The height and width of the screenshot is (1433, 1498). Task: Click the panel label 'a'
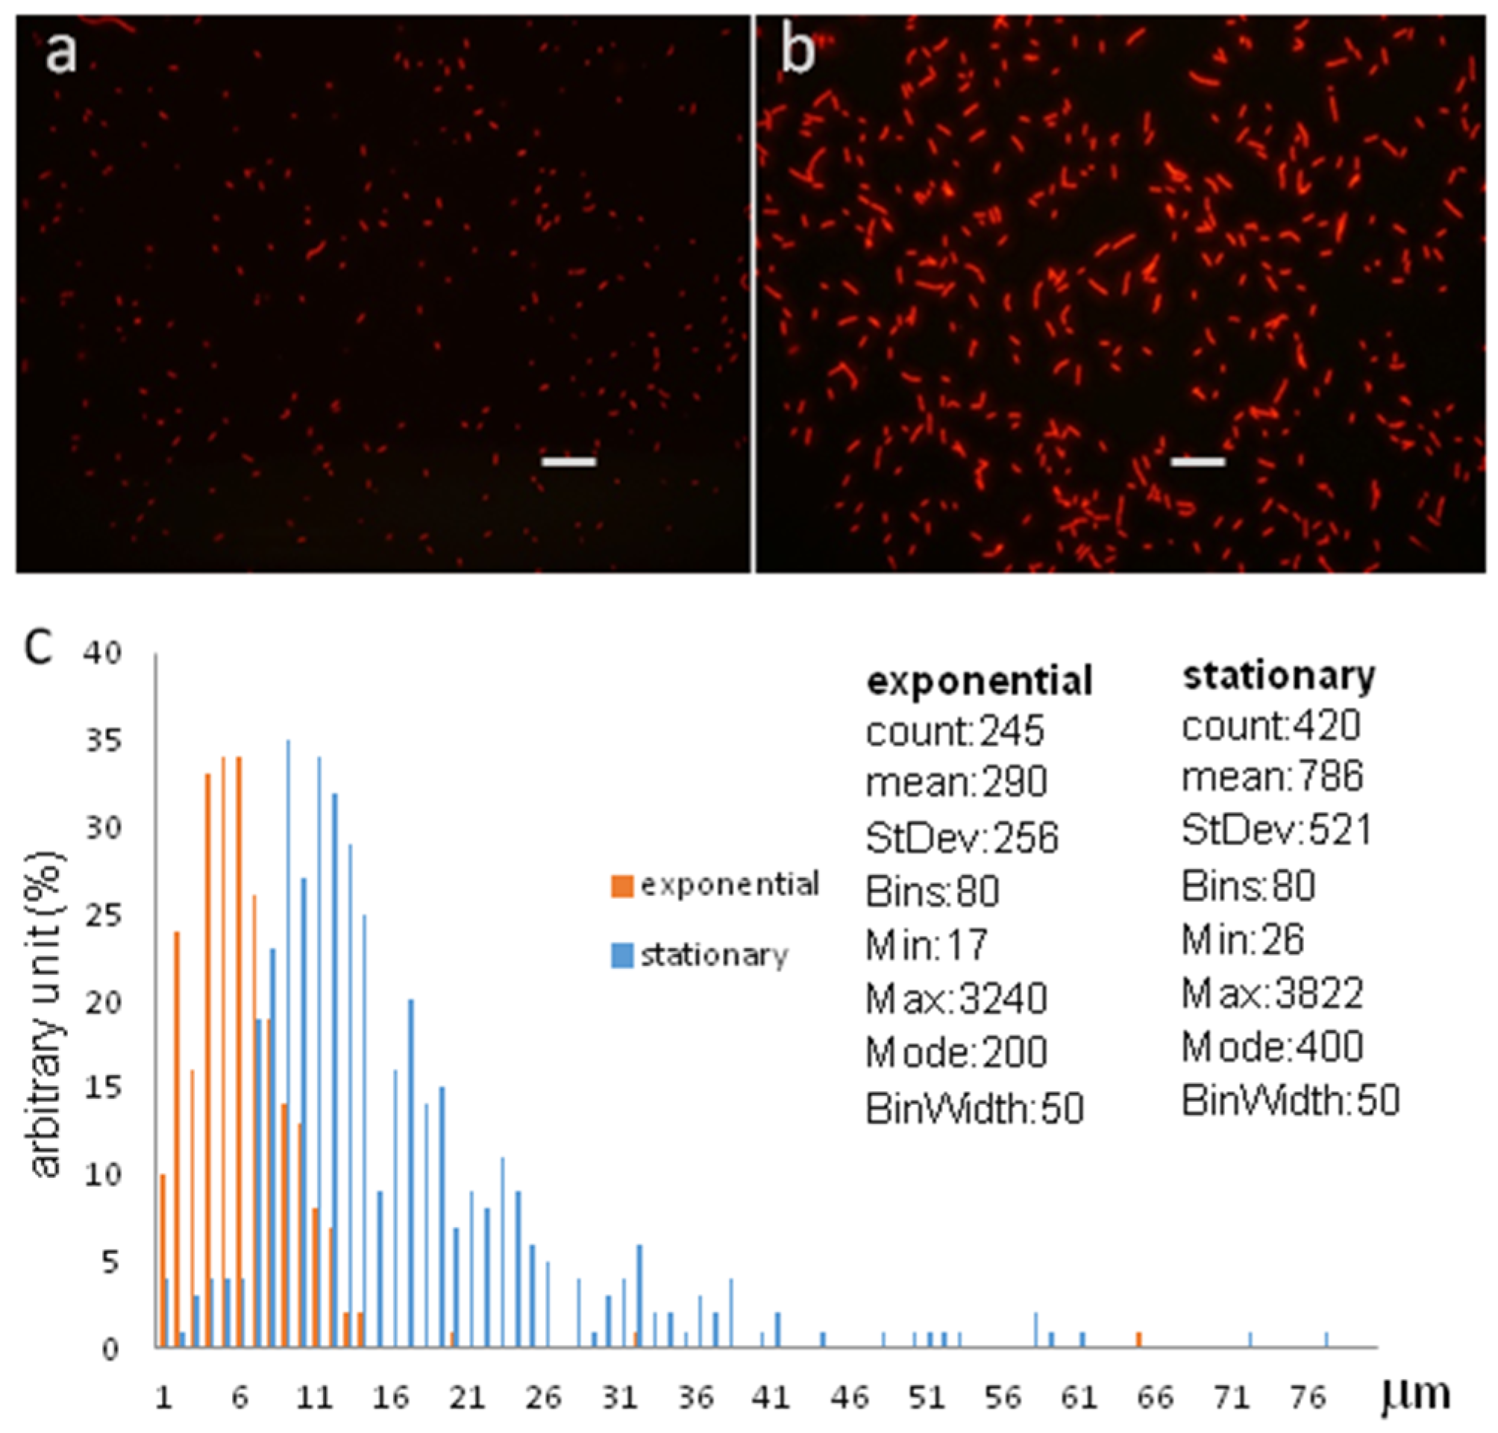click(61, 55)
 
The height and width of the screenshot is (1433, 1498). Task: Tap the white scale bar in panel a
click(568, 461)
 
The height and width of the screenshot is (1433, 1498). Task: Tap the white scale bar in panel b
click(1198, 461)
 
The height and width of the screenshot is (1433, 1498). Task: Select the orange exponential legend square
click(623, 886)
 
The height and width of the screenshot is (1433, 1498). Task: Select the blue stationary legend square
click(623, 956)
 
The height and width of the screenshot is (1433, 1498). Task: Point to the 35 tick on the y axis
click(102, 741)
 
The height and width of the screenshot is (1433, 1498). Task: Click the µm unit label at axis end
click(1414, 1395)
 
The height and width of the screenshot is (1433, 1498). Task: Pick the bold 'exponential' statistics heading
click(979, 680)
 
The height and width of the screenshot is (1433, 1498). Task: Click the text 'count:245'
click(954, 732)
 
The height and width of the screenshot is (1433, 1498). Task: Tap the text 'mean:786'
click(1272, 777)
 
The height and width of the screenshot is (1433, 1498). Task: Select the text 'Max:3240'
click(956, 999)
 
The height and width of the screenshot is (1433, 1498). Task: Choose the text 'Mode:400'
click(1272, 1047)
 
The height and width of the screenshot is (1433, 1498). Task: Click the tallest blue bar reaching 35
click(288, 993)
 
